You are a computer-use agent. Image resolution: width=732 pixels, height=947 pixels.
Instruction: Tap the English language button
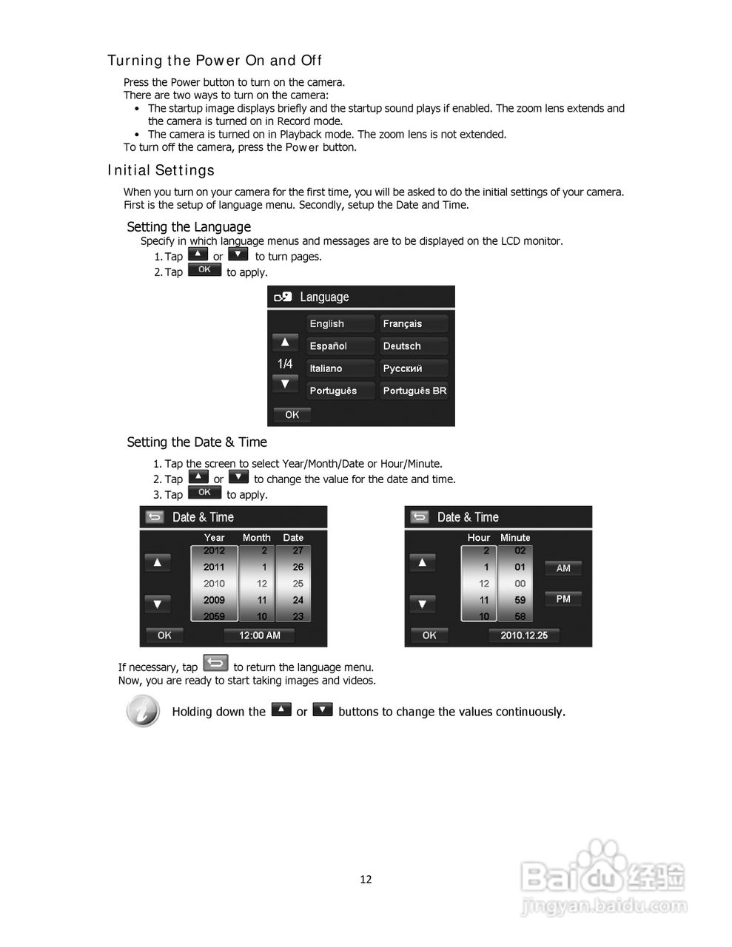pos(340,324)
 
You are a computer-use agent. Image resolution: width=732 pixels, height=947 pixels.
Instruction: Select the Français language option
pos(414,324)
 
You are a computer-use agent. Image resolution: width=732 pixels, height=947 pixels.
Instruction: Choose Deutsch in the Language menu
pos(414,346)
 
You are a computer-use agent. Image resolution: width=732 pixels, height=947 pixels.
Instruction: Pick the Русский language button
pos(414,368)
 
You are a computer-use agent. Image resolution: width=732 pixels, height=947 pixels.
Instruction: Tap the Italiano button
pos(340,368)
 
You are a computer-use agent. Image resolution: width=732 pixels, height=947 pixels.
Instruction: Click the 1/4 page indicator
pos(285,363)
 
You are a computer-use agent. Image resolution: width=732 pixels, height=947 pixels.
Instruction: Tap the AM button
pos(563,568)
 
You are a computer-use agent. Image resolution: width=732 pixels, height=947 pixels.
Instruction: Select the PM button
pos(563,599)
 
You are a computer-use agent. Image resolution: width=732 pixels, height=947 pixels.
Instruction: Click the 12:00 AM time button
pos(259,635)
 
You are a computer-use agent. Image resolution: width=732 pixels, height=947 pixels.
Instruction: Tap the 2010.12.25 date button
pos(524,635)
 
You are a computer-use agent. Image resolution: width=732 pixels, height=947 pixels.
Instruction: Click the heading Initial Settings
pos(161,171)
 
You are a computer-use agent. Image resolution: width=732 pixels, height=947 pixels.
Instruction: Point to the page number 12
pos(366,879)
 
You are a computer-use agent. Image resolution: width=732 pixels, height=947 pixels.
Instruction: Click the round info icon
pos(143,711)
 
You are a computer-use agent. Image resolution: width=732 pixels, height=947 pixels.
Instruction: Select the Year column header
pos(214,538)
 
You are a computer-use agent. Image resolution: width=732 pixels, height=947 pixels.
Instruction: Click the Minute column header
pos(515,538)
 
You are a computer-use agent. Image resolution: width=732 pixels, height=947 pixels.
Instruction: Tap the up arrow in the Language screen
pos(285,342)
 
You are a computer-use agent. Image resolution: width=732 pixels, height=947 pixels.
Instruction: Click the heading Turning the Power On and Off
pos(215,61)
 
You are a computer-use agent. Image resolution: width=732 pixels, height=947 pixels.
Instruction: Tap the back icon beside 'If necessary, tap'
pos(215,663)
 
